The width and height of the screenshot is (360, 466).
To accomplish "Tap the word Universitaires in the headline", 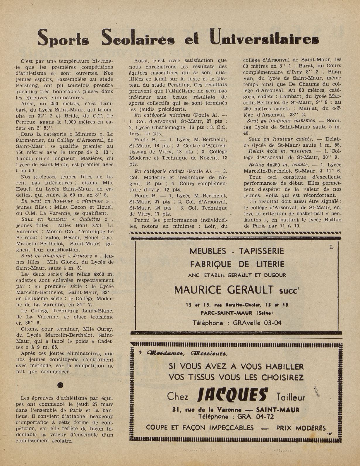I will pos(263,39).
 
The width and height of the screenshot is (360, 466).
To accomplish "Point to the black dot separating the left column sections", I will pos(60,385).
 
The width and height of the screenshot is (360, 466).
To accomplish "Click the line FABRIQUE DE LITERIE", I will pos(237,264).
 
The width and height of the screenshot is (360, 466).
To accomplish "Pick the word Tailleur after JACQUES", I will pos(290,397).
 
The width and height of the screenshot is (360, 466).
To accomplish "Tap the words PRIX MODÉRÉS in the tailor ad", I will pos(301,428).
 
